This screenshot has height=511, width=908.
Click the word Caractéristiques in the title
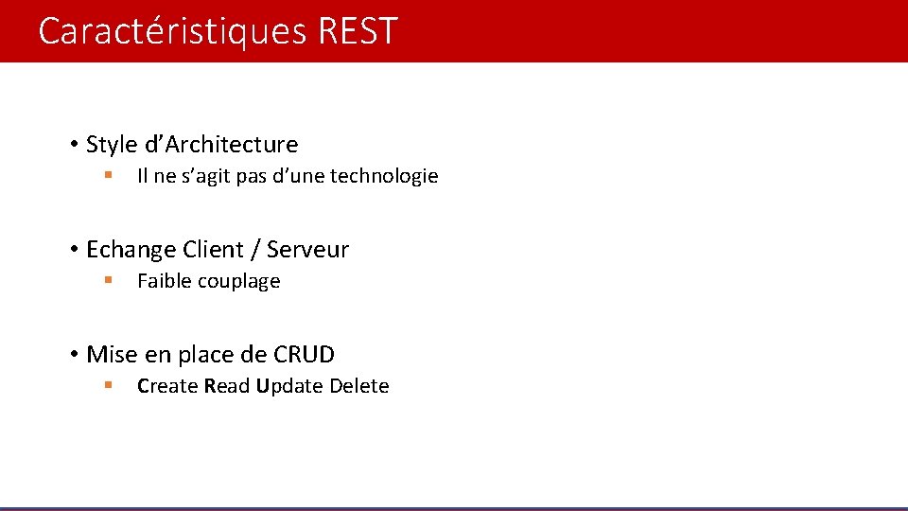point(173,31)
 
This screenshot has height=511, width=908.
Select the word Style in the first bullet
point(111,145)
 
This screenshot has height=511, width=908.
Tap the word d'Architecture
point(220,145)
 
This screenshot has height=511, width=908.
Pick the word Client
point(213,250)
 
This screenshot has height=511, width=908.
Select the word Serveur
point(307,250)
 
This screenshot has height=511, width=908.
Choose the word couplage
point(236,282)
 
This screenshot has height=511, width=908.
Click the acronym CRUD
point(304,355)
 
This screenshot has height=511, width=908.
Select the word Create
point(167,386)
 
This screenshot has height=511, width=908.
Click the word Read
point(227,386)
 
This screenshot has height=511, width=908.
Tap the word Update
point(288,386)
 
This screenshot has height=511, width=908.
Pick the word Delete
point(359,386)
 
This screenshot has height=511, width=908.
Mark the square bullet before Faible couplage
point(109,280)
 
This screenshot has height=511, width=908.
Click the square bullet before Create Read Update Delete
point(109,385)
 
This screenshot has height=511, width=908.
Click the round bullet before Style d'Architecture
point(73,145)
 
